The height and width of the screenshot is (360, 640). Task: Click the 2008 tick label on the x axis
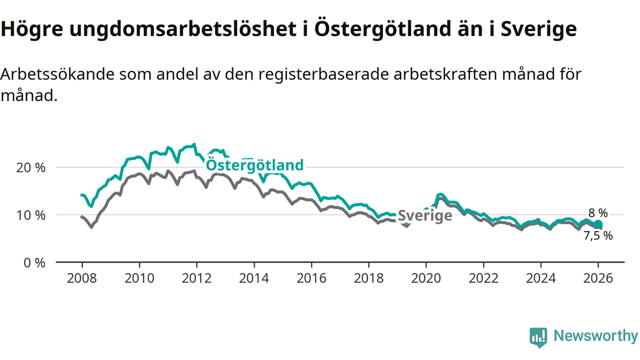click(x=82, y=278)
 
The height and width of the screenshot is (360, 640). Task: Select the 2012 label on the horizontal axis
click(x=196, y=278)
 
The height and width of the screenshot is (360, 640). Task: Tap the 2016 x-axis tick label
click(x=311, y=278)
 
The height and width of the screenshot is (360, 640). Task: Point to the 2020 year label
click(x=426, y=278)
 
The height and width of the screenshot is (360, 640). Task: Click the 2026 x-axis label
click(x=598, y=278)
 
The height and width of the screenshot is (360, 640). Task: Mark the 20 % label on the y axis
click(x=31, y=167)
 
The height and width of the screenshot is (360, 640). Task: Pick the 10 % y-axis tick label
click(x=31, y=215)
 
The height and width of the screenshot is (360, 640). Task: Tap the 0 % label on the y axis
click(x=34, y=262)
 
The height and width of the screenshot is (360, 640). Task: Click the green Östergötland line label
click(x=254, y=165)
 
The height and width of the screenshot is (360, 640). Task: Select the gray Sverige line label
click(x=425, y=215)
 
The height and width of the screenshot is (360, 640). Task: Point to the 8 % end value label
click(x=597, y=213)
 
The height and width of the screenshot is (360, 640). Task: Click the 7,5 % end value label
click(x=598, y=236)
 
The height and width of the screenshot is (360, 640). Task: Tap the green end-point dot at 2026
click(x=598, y=224)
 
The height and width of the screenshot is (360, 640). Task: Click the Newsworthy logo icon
click(x=538, y=337)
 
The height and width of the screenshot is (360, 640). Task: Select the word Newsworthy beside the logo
click(x=595, y=336)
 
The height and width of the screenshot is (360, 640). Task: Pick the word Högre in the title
click(x=32, y=29)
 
